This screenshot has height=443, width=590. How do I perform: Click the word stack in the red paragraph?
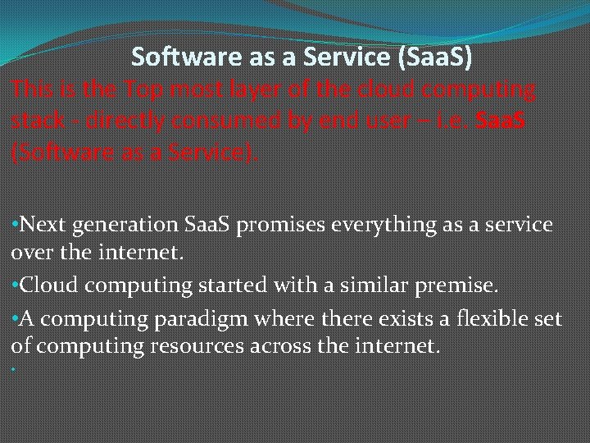pos(36,121)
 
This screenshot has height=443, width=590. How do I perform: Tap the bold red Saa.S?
pos(501,121)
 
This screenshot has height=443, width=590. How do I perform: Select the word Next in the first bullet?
pos(42,225)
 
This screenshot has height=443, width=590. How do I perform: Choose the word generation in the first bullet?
pos(123,225)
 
